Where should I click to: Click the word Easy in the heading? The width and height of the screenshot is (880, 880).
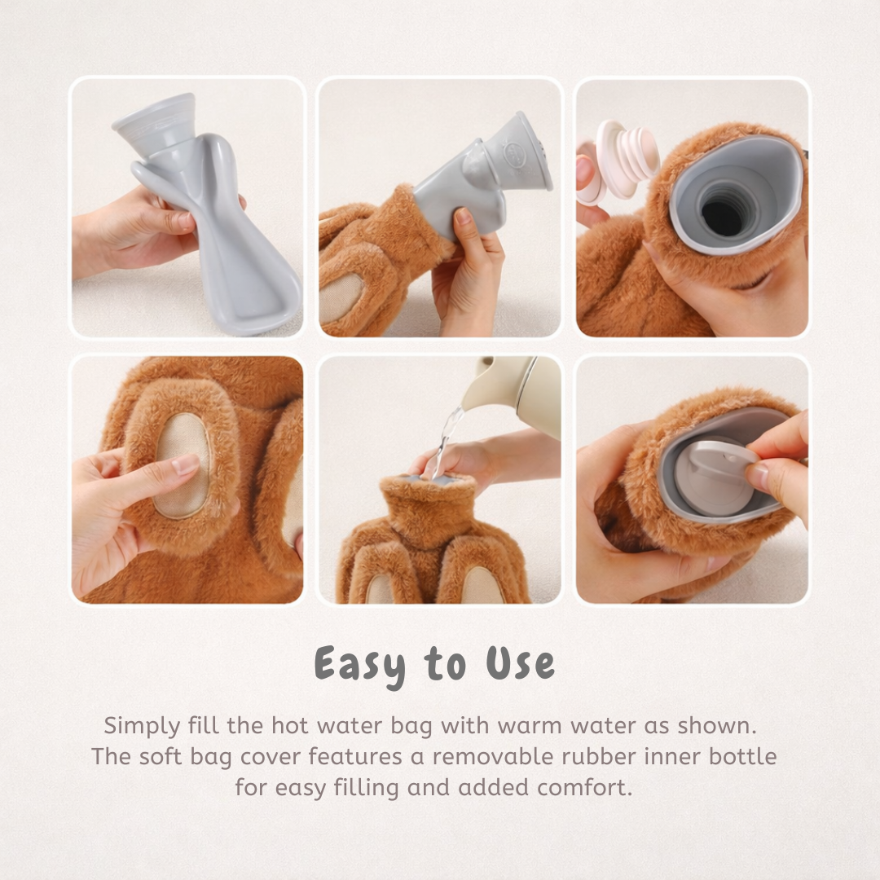(361, 664)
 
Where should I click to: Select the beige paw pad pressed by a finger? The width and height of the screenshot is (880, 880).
(182, 464)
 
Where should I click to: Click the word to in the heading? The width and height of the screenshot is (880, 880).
(444, 664)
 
